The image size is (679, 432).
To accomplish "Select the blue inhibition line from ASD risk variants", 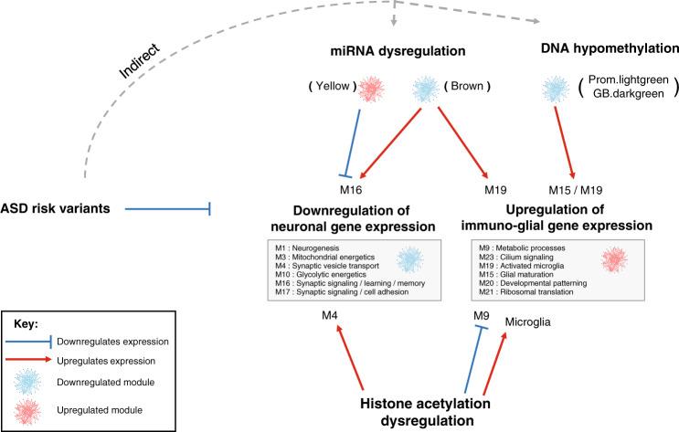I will [x=168, y=209].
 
